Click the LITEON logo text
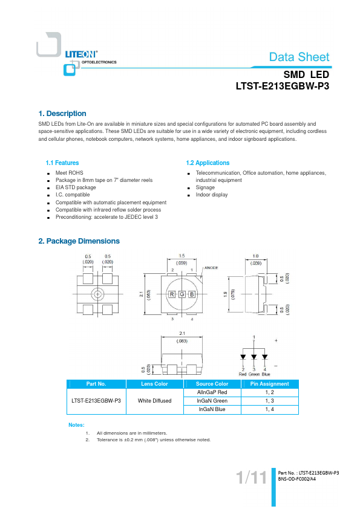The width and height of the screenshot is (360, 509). [x=81, y=54]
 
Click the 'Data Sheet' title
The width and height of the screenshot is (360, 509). [x=299, y=57]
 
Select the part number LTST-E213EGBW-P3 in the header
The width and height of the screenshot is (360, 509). [x=283, y=86]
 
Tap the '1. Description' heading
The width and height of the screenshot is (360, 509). [x=62, y=114]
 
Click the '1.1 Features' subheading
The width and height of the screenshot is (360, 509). [x=62, y=163]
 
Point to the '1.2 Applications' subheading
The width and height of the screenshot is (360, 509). [x=208, y=163]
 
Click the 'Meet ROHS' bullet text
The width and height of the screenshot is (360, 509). [x=69, y=173]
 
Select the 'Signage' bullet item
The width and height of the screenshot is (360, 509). [x=205, y=187]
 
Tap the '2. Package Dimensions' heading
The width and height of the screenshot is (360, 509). [x=79, y=241]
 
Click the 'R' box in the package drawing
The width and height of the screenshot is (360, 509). [x=172, y=294]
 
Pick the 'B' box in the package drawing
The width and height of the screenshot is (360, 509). [x=192, y=294]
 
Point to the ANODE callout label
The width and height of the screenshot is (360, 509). [x=211, y=268]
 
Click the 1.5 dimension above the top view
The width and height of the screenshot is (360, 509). [x=182, y=256]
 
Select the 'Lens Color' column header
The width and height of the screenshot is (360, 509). [x=154, y=384]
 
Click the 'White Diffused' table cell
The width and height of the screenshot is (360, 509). [x=155, y=401]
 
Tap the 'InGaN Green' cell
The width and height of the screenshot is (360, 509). [x=212, y=401]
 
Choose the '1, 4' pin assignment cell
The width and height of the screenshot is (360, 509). [x=270, y=409]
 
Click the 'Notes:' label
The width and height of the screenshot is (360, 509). [x=76, y=425]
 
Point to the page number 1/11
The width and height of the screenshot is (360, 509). [x=251, y=477]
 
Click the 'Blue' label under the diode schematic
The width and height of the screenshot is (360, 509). [x=266, y=374]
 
